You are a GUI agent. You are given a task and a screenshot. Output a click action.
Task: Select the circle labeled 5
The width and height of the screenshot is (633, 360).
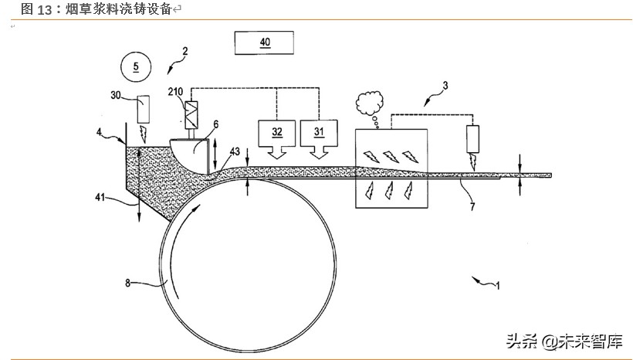tap(137, 66)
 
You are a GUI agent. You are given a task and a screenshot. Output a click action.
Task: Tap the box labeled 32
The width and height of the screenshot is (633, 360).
tap(275, 132)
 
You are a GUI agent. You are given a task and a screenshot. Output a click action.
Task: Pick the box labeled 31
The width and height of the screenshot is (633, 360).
tap(320, 132)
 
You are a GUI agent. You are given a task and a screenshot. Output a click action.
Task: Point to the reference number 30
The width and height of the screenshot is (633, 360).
tap(117, 95)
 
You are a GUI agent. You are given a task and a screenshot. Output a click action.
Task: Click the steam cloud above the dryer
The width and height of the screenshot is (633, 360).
tap(371, 102)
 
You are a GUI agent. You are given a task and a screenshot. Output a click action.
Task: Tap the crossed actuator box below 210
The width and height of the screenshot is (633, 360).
tap(189, 117)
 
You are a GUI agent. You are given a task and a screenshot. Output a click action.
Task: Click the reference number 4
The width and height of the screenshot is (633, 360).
tap(99, 132)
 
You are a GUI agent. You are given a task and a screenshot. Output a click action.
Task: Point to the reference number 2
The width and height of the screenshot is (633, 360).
tap(184, 53)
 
